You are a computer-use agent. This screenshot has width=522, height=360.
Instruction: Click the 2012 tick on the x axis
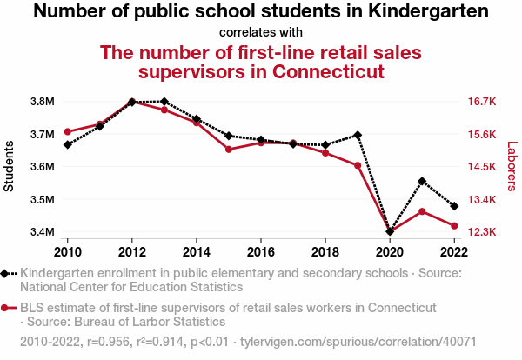click(132, 251)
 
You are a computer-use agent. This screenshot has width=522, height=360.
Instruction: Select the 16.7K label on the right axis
click(481, 102)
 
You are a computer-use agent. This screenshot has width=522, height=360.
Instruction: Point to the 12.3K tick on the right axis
click(481, 232)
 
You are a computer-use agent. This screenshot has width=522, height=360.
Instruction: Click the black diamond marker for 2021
click(422, 181)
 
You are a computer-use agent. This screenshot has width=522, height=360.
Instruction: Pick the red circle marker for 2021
click(422, 211)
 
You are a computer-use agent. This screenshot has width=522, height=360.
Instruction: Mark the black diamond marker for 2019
click(358, 135)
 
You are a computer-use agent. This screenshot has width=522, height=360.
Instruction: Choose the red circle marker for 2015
click(229, 150)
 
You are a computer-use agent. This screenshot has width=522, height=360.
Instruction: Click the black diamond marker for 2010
click(68, 144)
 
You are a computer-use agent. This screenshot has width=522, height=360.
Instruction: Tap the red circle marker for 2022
click(454, 226)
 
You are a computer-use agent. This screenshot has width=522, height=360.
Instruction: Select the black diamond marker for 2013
click(164, 102)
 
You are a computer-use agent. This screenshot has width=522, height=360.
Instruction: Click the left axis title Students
click(10, 167)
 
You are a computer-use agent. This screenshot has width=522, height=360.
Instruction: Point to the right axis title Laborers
click(512, 167)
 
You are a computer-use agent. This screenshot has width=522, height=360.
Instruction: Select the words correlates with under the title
click(260, 32)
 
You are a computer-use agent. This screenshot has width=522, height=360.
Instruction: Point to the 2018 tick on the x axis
click(325, 251)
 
